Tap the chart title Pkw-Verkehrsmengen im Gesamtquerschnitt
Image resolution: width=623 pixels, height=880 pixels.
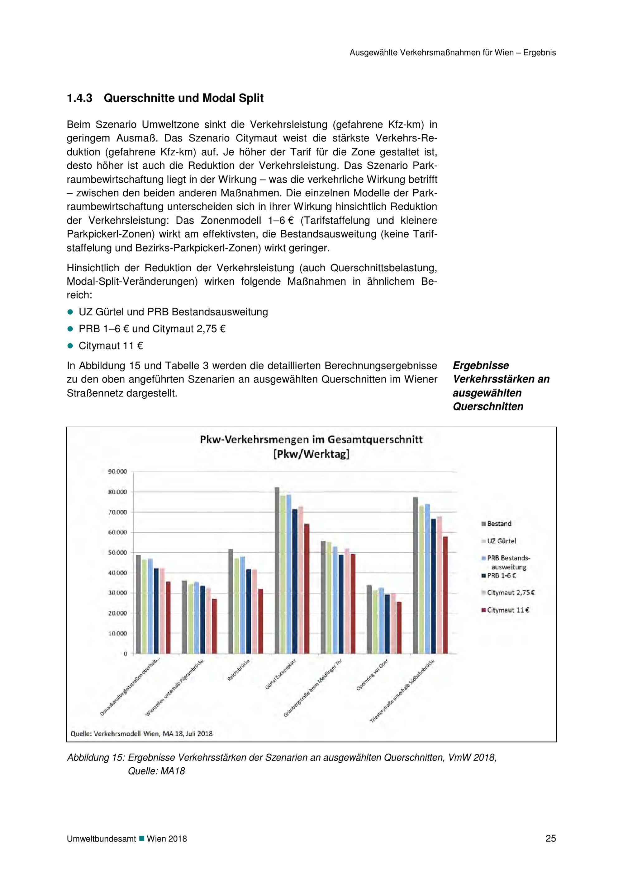pyautogui.click(x=311, y=439)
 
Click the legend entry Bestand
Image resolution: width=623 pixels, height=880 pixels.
pyautogui.click(x=499, y=524)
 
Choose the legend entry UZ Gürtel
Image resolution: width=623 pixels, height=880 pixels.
pyautogui.click(x=501, y=541)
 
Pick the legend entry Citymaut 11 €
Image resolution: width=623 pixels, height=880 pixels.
pyautogui.click(x=507, y=610)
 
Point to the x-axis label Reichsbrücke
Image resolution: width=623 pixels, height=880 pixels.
pyautogui.click(x=239, y=670)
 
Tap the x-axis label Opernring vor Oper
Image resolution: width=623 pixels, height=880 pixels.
pyautogui.click(x=372, y=675)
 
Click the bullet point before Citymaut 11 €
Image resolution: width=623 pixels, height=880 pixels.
pyautogui.click(x=70, y=346)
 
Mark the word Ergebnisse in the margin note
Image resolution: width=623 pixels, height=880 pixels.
pyautogui.click(x=481, y=365)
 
